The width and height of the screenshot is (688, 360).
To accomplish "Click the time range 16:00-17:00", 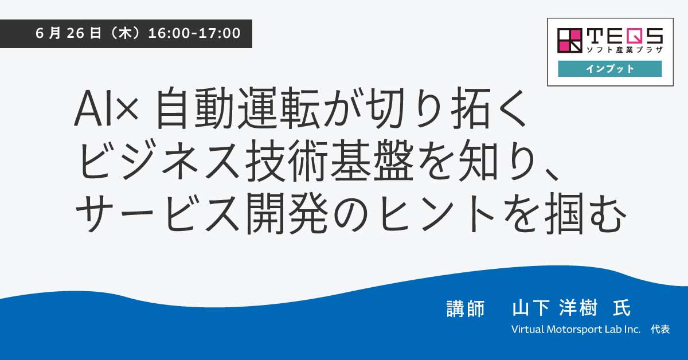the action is (x=194, y=33).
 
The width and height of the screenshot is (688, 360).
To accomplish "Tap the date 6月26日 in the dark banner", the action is (x=68, y=33).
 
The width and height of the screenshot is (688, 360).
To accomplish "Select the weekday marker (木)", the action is (x=125, y=33).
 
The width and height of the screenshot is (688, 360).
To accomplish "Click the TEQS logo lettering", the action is (x=625, y=36).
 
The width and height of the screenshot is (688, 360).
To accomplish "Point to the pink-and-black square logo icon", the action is (x=570, y=41).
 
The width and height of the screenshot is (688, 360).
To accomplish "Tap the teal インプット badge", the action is (x=609, y=68).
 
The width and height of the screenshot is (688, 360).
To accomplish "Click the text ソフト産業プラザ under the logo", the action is (x=625, y=49).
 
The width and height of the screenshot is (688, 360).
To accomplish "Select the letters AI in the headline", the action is (x=93, y=108).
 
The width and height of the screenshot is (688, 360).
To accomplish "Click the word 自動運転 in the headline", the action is (x=237, y=108).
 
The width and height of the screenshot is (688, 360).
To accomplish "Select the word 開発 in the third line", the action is (x=287, y=213).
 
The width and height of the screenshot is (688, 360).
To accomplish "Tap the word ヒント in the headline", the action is (x=436, y=213).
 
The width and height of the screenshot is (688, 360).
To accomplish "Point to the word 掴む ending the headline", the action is (x=585, y=213).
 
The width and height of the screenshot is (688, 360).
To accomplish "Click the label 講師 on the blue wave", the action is (x=466, y=308).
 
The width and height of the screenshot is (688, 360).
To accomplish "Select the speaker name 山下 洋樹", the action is (x=555, y=307).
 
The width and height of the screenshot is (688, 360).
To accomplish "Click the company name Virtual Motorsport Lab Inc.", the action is (x=576, y=330).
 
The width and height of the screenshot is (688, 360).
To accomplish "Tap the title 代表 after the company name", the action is (x=660, y=330).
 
